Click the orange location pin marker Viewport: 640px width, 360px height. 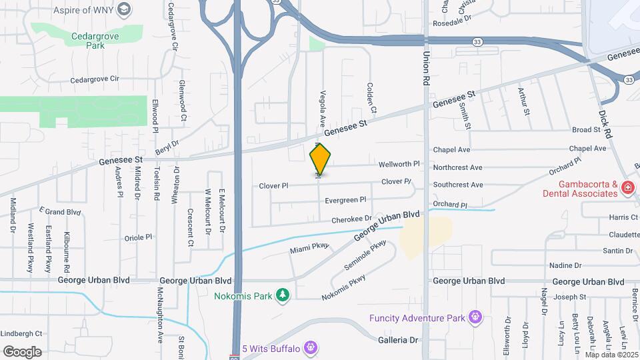(x=321, y=159)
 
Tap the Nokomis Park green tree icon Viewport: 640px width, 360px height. (x=283, y=295)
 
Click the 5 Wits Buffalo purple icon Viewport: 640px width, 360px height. (x=309, y=347)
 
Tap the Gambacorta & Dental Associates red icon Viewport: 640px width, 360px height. (x=627, y=188)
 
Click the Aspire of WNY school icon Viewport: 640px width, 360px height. (x=123, y=9)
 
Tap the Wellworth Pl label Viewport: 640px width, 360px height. (x=399, y=163)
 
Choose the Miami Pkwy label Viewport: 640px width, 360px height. (x=310, y=248)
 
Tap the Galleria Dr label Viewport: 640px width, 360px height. (x=400, y=340)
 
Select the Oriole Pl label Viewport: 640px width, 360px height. (x=139, y=237)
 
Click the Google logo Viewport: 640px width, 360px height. (x=22, y=351)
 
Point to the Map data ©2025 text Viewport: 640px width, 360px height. (x=610, y=355)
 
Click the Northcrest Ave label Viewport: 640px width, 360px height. (x=457, y=167)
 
